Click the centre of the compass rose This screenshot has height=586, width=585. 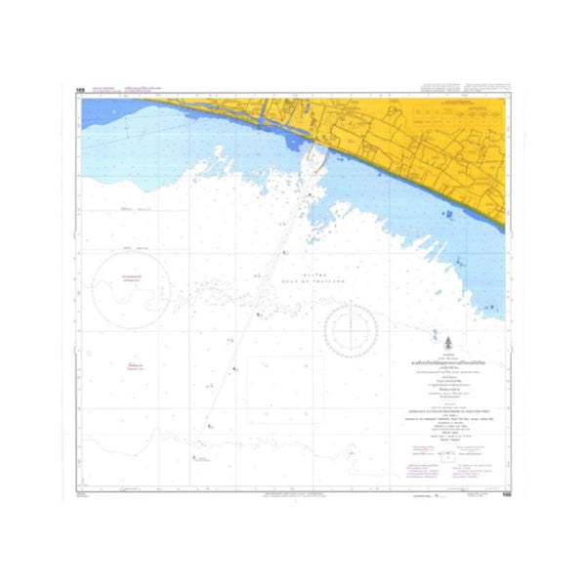pyautogui.click(x=351, y=329)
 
